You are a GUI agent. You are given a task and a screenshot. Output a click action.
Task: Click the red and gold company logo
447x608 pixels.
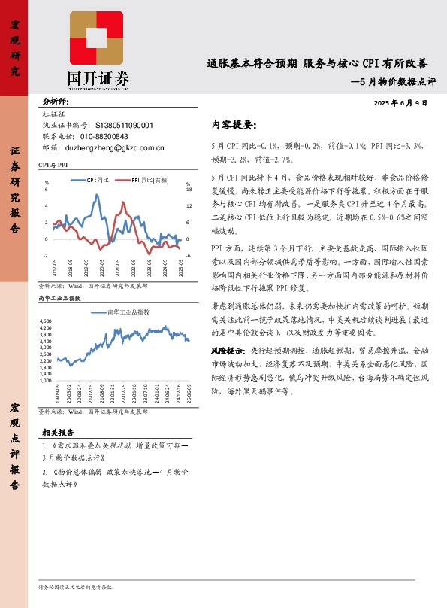[x=98, y=39]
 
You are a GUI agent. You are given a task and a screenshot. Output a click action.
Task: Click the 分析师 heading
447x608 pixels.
[x=56, y=101]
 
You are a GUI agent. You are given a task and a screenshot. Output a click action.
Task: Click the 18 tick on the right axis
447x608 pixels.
[x=189, y=190]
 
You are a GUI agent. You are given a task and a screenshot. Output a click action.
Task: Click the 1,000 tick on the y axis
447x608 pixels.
[x=44, y=382]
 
